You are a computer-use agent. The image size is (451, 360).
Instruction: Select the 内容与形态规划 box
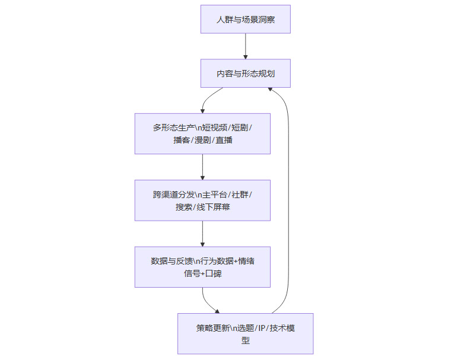coord(245,74)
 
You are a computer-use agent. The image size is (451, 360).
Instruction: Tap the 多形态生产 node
coord(202,133)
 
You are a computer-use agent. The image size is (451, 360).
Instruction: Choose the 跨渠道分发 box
coord(202,200)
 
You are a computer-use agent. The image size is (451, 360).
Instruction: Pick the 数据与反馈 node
coord(202,267)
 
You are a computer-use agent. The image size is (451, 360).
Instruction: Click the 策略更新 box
coord(245,334)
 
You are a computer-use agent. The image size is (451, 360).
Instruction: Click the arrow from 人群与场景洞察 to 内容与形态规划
coord(245,46)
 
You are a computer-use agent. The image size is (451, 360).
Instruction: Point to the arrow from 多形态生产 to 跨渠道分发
coord(202,167)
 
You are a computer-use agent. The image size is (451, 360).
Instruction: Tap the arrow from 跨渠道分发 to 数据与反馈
coord(202,234)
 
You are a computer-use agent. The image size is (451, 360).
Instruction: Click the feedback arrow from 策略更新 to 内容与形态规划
coord(288,196)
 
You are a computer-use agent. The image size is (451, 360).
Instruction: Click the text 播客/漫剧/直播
coord(202,141)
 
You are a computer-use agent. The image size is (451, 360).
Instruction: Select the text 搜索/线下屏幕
coord(202,208)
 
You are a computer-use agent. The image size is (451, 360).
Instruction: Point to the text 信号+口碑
coord(202,274)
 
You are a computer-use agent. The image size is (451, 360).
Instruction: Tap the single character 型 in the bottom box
coord(245,341)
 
